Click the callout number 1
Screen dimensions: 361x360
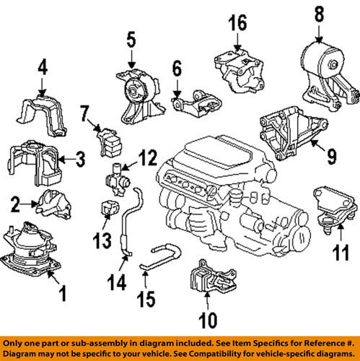click(x=62, y=294)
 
